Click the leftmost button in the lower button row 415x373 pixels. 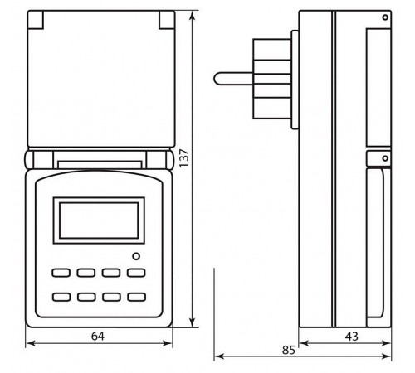point(61,296)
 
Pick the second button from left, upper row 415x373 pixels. point(85,272)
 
